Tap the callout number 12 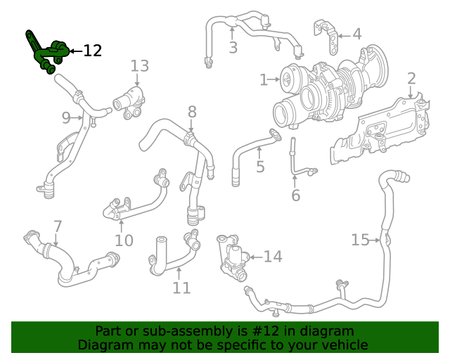pyautogui.click(x=92, y=51)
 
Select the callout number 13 pyautogui.click(x=139, y=66)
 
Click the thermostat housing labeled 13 pyautogui.click(x=129, y=103)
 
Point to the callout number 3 pyautogui.click(x=233, y=47)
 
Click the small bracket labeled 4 pyautogui.click(x=326, y=36)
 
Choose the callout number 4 pyautogui.click(x=356, y=34)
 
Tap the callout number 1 pyautogui.click(x=264, y=79)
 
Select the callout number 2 pyautogui.click(x=411, y=79)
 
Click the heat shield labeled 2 pyautogui.click(x=380, y=129)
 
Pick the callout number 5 pyautogui.click(x=260, y=167)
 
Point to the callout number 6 pyautogui.click(x=295, y=195)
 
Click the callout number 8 pyautogui.click(x=192, y=112)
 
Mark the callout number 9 pyautogui.click(x=66, y=117)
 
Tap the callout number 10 pyautogui.click(x=124, y=240)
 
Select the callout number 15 pyautogui.click(x=361, y=240)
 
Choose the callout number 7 pyautogui.click(x=58, y=226)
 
